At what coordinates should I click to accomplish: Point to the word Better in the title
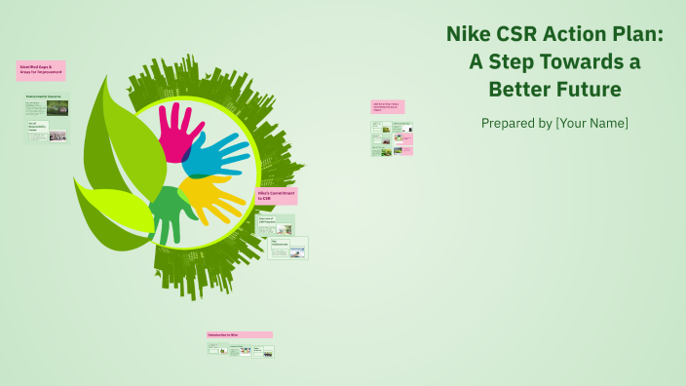tap(521, 90)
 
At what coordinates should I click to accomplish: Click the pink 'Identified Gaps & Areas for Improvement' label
tap(41, 70)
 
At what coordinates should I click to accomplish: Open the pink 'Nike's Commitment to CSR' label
tap(276, 196)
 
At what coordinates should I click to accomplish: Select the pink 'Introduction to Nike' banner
tap(239, 334)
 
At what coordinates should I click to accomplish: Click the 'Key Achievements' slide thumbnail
tap(288, 248)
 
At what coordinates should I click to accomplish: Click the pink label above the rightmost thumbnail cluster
tap(387, 107)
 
